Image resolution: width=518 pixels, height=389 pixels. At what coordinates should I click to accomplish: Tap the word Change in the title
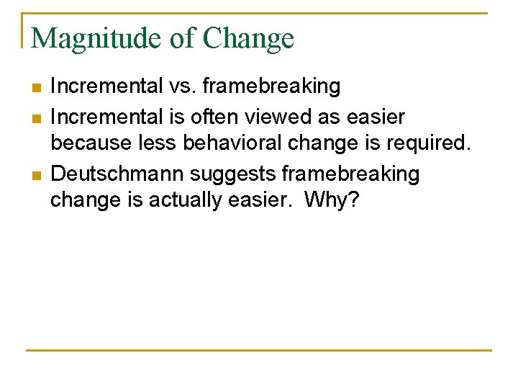pyautogui.click(x=249, y=38)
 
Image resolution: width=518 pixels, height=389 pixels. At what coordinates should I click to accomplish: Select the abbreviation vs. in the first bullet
pyautogui.click(x=182, y=86)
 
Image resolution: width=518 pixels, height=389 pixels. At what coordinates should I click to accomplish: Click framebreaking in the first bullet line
pyautogui.click(x=271, y=86)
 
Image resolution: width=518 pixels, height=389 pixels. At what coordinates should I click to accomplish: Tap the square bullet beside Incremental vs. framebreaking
pyautogui.click(x=37, y=87)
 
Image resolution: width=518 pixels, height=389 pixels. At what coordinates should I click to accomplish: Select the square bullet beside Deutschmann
pyautogui.click(x=37, y=174)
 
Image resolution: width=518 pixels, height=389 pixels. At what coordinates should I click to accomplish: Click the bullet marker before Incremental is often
pyautogui.click(x=37, y=117)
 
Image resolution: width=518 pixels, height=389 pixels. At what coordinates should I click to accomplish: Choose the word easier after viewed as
pyautogui.click(x=376, y=116)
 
